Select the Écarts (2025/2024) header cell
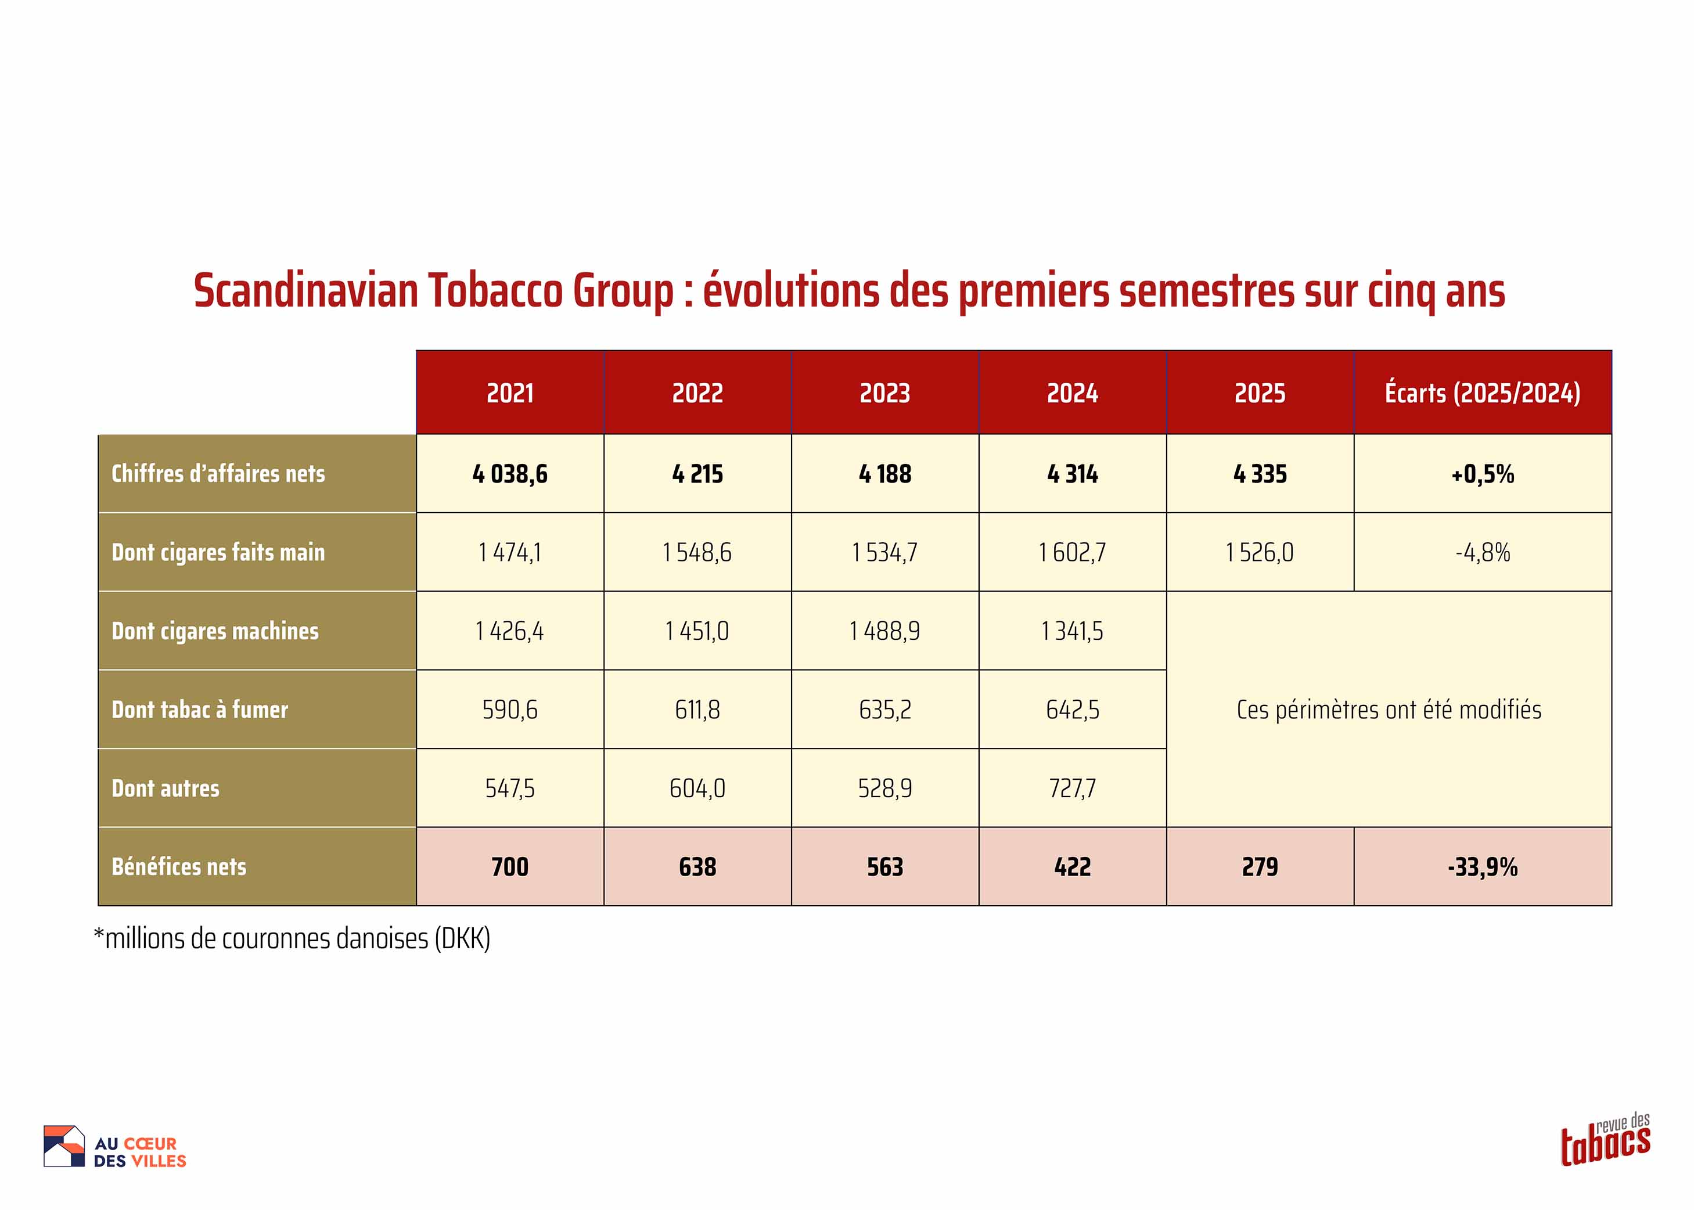coord(1483,392)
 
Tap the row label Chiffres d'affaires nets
coord(218,473)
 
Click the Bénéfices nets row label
coord(179,866)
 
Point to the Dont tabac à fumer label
coord(200,710)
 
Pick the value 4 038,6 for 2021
coord(510,474)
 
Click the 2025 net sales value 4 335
coord(1260,474)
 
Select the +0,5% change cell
coord(1483,474)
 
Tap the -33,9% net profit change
coord(1483,866)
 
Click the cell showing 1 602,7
coord(1073,552)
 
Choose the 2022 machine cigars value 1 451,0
coord(697,631)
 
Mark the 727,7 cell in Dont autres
coord(1073,788)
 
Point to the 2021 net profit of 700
coord(510,866)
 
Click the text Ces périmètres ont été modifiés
coord(1389,710)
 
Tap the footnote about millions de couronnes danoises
coord(292,939)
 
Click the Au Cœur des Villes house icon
coord(64,1146)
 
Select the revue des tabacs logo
coord(1606,1139)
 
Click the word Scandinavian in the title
coord(305,290)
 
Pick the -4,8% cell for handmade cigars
coord(1483,552)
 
